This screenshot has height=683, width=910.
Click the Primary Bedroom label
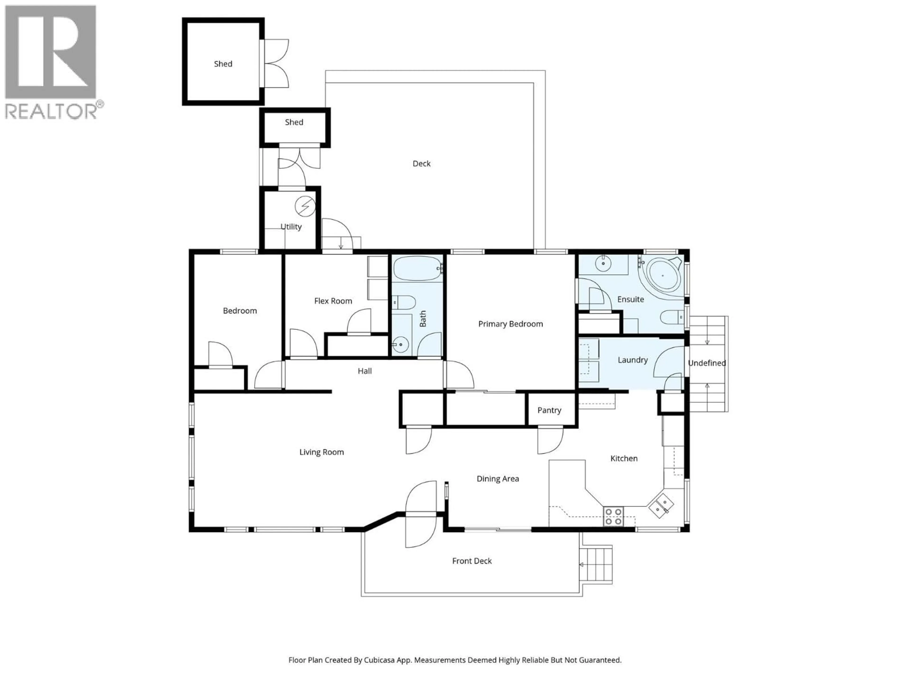(510, 324)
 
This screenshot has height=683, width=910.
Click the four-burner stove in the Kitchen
(613, 516)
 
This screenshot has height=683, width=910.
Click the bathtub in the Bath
(417, 268)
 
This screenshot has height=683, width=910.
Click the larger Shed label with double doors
(223, 64)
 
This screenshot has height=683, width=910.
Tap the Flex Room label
(333, 301)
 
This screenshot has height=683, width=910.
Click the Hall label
(364, 371)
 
